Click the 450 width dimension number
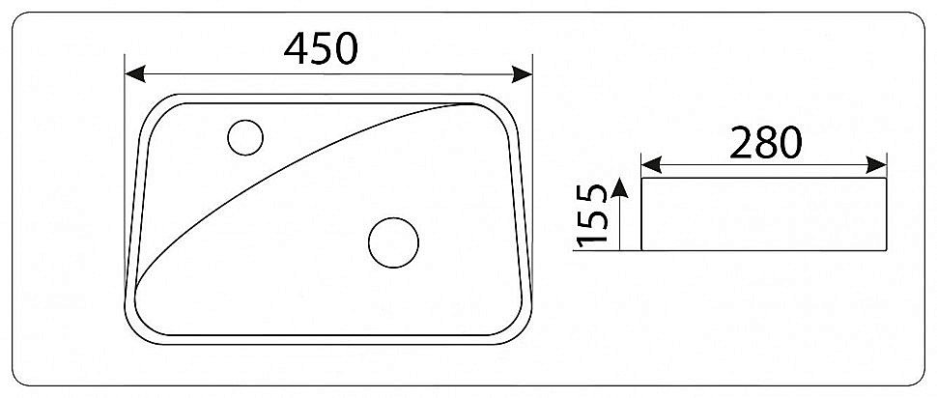tap(322, 47)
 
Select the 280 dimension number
tap(765, 142)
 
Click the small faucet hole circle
tap(245, 137)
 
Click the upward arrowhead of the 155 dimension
tap(621, 186)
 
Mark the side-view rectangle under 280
tap(763, 213)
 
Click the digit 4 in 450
tap(297, 47)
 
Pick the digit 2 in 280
tap(740, 142)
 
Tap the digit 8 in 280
tap(765, 142)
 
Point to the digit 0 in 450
tap(347, 47)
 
